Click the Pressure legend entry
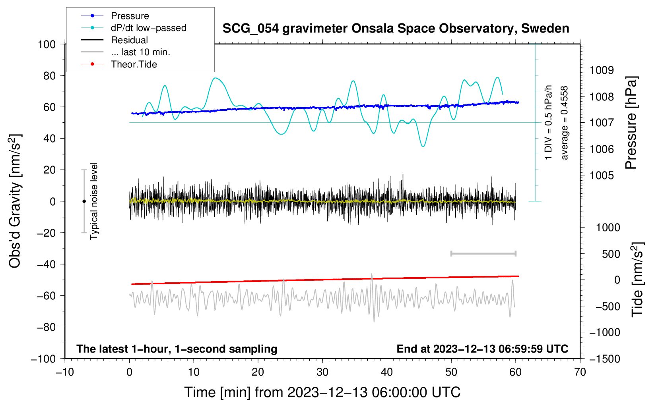[x=130, y=16]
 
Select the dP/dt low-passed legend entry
[x=148, y=28]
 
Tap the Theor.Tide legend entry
[x=134, y=64]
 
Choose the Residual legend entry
[x=129, y=40]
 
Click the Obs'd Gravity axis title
[x=15, y=201]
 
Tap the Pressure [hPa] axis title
[x=631, y=123]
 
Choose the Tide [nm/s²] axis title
[x=637, y=280]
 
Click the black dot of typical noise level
[x=84, y=201]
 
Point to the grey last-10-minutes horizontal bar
[x=483, y=253]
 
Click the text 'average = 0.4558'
[x=565, y=123]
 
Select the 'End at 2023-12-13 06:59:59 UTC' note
[x=482, y=349]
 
